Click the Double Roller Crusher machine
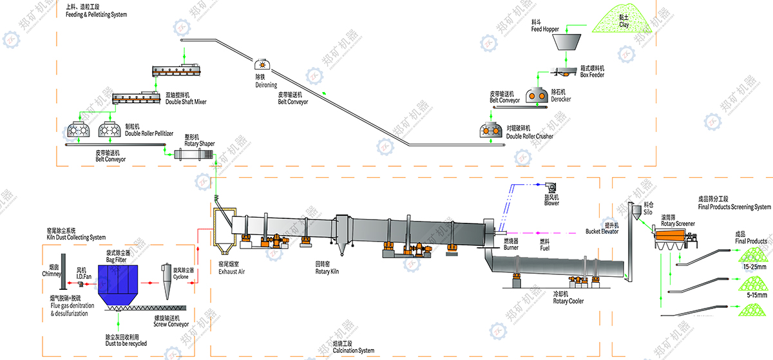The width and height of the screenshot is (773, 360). [x=493, y=129]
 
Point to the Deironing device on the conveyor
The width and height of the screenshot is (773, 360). [x=262, y=64]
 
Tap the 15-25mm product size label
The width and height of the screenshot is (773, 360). [x=754, y=266]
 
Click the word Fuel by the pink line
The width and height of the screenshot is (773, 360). [x=545, y=247]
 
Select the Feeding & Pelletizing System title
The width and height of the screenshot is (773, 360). [x=96, y=14]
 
